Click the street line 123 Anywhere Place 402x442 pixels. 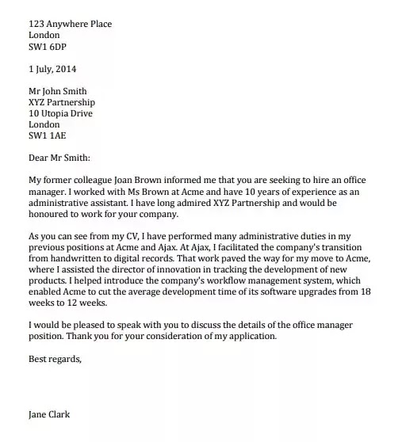click(x=70, y=24)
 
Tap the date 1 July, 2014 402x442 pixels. click(x=53, y=69)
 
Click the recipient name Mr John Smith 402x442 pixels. click(x=58, y=91)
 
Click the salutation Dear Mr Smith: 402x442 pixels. click(x=59, y=158)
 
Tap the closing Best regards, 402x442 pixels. click(x=55, y=358)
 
